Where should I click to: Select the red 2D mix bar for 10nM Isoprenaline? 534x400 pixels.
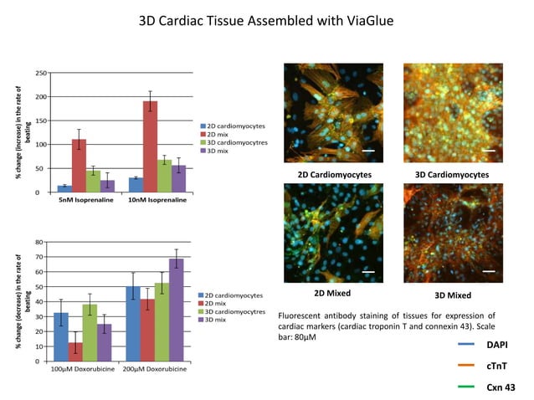[x=151, y=147]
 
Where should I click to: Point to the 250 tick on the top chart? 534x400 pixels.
[x=39, y=74]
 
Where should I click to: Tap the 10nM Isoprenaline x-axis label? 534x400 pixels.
[x=153, y=203]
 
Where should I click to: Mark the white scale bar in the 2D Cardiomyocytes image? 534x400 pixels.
[x=367, y=151]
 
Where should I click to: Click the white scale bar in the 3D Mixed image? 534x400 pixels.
[x=489, y=271]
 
